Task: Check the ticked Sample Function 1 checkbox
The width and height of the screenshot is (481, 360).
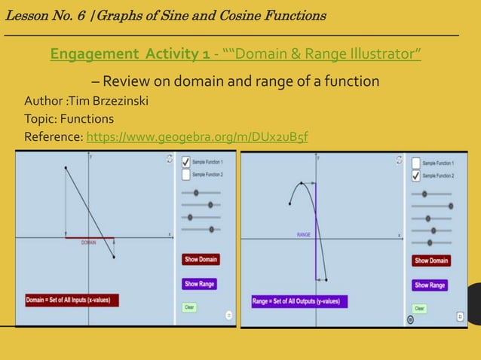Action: (185, 162)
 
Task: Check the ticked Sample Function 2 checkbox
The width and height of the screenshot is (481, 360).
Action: (415, 175)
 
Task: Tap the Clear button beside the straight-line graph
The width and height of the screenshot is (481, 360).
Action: (189, 307)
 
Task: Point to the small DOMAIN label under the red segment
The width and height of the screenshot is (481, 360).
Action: (89, 243)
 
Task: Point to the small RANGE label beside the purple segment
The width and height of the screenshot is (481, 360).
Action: (303, 235)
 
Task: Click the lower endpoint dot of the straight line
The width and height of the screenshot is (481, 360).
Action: (114, 258)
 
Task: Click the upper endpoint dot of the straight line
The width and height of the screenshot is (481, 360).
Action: (66, 168)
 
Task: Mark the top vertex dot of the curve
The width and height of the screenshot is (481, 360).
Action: (302, 182)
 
